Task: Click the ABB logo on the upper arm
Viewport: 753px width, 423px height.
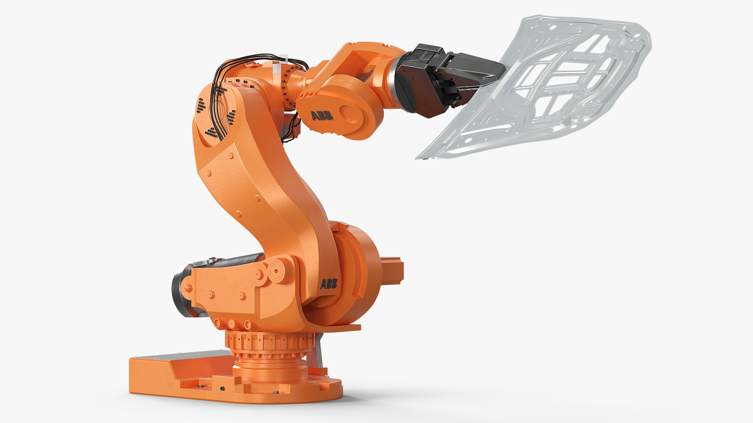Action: tap(322, 116)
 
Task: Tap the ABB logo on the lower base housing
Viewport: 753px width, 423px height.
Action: tap(329, 284)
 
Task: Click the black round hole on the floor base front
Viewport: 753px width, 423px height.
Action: tap(222, 389)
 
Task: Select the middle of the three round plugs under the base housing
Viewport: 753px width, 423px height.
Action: tap(232, 324)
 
